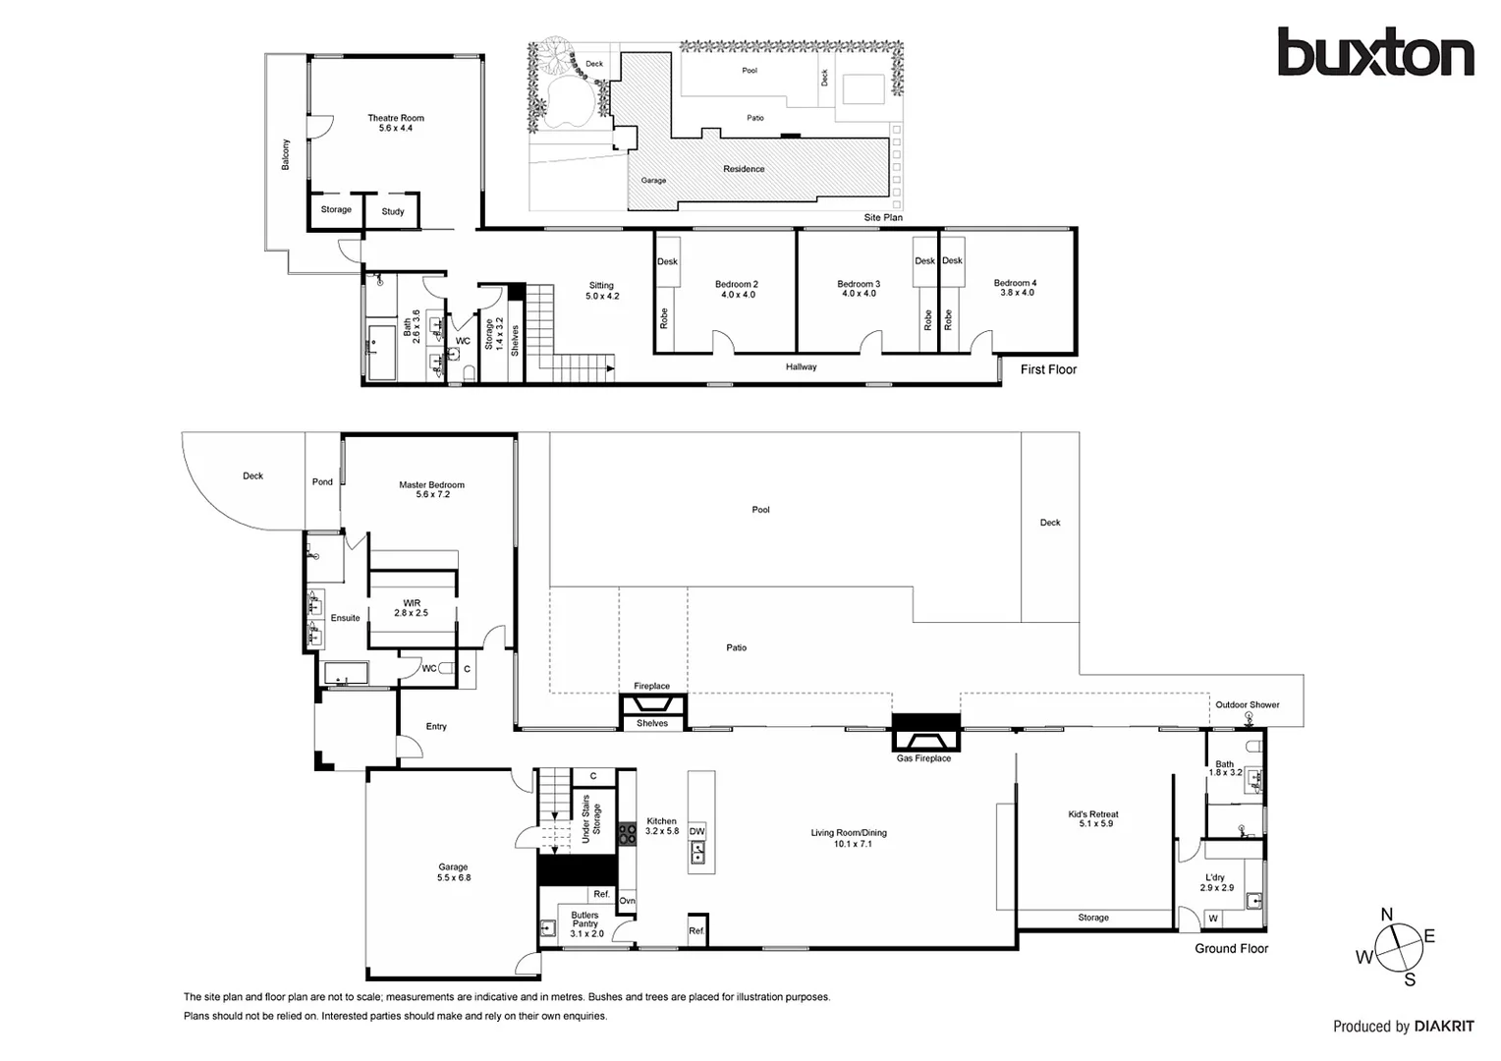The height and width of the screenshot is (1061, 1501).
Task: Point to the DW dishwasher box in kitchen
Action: [696, 832]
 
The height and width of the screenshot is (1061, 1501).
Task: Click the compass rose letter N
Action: [1387, 915]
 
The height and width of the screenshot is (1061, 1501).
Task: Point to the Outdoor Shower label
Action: [1247, 704]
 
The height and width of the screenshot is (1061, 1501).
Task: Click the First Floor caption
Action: [1048, 370]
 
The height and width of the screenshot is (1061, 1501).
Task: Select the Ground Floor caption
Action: [1231, 949]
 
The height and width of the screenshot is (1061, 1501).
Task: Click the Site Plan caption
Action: [883, 218]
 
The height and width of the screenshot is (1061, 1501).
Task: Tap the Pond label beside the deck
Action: [322, 481]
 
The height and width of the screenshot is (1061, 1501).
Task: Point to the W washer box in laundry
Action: [1213, 920]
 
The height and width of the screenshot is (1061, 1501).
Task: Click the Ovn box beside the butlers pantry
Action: [627, 901]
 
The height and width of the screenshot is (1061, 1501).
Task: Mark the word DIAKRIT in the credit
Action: [1444, 1027]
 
